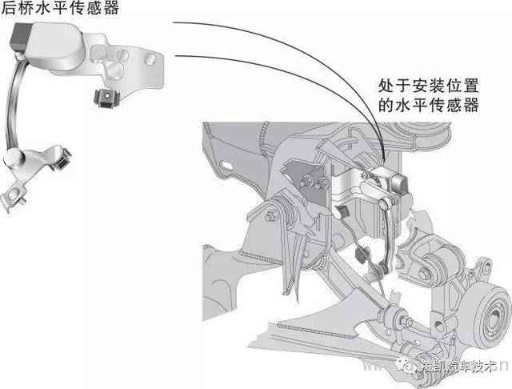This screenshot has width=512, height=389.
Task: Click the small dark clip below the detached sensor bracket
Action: click(104, 98)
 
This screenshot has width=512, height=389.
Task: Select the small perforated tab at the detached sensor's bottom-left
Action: click(16, 191)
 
